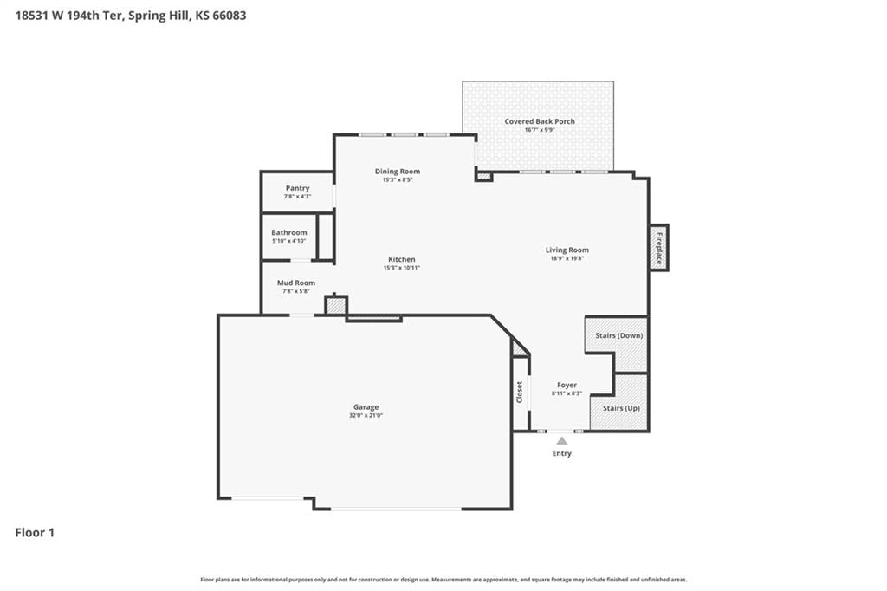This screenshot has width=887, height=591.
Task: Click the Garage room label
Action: click(x=366, y=406)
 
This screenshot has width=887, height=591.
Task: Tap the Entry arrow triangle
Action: click(x=561, y=441)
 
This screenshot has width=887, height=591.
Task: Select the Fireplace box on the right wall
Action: click(x=658, y=247)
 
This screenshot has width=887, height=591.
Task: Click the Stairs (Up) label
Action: click(x=621, y=408)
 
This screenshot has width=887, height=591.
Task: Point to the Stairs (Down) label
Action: click(x=618, y=335)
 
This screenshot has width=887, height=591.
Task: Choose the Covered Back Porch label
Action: click(x=540, y=121)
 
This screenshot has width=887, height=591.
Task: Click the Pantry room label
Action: click(x=298, y=188)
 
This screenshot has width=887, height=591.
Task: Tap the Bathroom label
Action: click(x=289, y=232)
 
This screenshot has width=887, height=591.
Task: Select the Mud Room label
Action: click(x=296, y=283)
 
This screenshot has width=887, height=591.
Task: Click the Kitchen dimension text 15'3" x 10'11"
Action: click(x=402, y=268)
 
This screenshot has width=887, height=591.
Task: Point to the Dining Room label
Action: click(x=397, y=171)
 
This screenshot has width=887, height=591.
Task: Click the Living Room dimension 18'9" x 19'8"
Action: click(x=567, y=258)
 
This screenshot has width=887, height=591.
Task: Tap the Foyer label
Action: click(x=567, y=385)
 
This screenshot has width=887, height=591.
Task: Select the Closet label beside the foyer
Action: click(x=520, y=393)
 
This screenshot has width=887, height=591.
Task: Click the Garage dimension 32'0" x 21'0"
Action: click(x=366, y=415)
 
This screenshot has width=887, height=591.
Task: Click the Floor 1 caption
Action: click(x=35, y=533)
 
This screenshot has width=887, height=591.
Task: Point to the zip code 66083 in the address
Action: click(x=229, y=16)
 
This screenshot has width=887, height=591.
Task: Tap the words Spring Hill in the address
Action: click(x=154, y=16)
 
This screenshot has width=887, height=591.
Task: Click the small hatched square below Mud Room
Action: click(x=336, y=306)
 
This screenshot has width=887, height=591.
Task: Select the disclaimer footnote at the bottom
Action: click(x=443, y=580)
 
